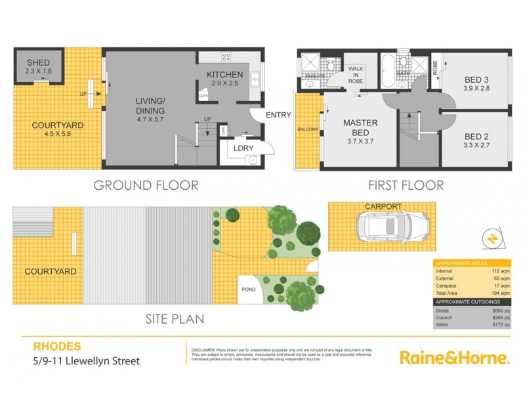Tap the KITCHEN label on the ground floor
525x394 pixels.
tap(225, 74)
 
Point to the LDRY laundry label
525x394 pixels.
tap(236, 148)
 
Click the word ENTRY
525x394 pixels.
tap(278, 116)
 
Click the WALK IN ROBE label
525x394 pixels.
tap(356, 72)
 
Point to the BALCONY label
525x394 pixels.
tap(307, 129)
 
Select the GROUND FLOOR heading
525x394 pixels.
tap(146, 185)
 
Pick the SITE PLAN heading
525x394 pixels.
tap(174, 320)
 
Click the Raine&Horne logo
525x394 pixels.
tap(454, 358)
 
